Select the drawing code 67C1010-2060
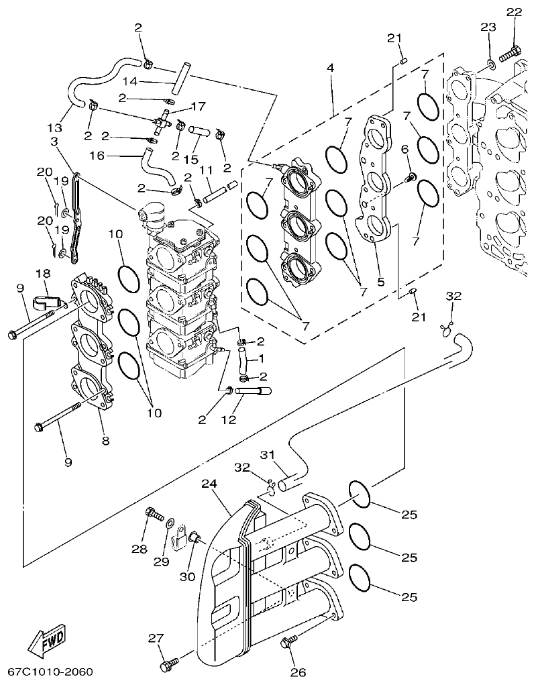51,672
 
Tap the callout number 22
513,12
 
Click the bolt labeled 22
515,50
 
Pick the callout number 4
330,68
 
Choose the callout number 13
56,127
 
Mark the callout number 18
42,273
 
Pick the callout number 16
97,155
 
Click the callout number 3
54,141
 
